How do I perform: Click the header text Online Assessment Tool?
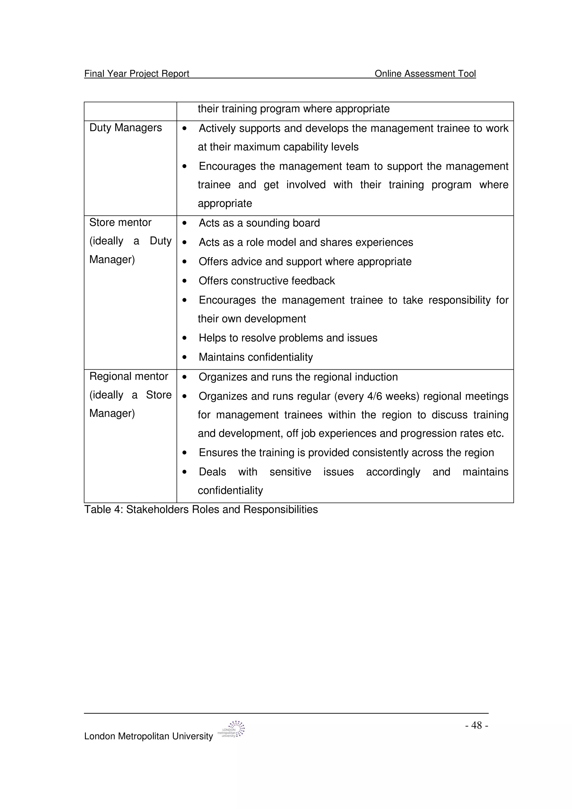(425, 73)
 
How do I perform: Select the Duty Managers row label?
(125, 128)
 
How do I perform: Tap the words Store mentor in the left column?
(120, 222)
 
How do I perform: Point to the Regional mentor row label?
(129, 376)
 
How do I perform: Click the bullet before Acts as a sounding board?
(184, 223)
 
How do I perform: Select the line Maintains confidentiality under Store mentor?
(256, 357)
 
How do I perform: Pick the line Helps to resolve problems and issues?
(288, 338)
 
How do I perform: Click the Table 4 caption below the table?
(201, 509)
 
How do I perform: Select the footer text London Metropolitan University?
(148, 736)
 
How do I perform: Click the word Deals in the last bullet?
(212, 472)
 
